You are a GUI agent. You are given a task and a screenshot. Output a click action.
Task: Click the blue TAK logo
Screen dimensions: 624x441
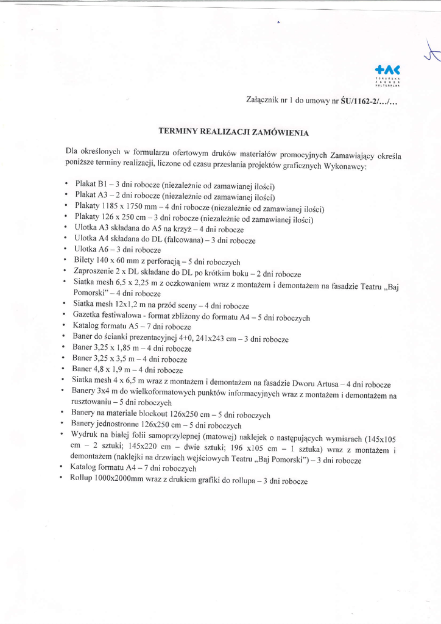tap(388, 71)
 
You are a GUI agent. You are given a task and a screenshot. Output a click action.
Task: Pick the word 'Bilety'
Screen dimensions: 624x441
tap(84, 261)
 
